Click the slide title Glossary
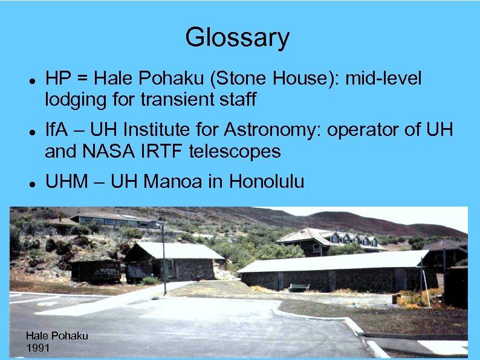[237, 37]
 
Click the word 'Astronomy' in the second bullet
[273, 130]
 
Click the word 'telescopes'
[235, 151]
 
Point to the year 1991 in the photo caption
[39, 348]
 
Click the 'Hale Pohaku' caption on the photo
[56, 336]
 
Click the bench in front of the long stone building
[299, 288]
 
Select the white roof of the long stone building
[332, 261]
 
